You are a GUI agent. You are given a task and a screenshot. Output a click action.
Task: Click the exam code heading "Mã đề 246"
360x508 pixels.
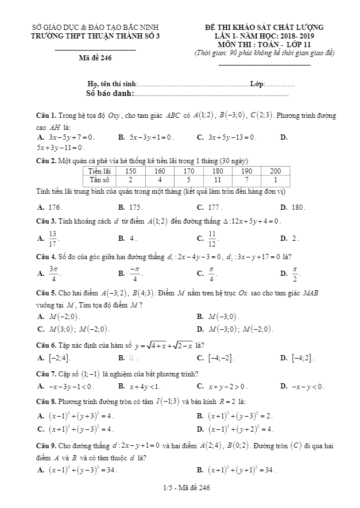click(x=95, y=57)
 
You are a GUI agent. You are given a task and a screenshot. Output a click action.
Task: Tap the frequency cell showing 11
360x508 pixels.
click(x=218, y=179)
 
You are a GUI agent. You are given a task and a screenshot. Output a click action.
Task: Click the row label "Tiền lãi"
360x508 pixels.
click(x=99, y=171)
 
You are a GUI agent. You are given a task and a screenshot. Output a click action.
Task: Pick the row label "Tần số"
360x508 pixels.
click(x=99, y=179)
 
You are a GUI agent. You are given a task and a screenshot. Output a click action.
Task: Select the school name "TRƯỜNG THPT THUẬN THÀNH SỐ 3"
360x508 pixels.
click(x=95, y=36)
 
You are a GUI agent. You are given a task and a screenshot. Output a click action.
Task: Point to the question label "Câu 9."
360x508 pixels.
click(x=46, y=445)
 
